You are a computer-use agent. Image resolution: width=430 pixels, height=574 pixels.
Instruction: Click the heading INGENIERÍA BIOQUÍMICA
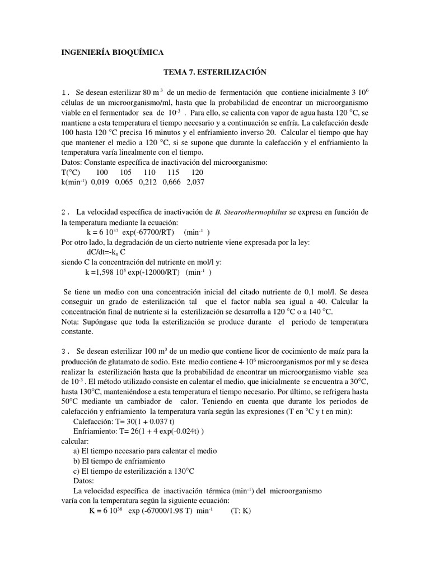click(112, 52)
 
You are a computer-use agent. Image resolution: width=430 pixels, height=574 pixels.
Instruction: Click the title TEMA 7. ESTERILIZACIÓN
click(214, 72)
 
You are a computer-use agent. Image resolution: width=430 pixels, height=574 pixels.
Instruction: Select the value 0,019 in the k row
click(100, 182)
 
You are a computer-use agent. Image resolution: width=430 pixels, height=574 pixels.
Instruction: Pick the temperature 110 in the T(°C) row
click(149, 173)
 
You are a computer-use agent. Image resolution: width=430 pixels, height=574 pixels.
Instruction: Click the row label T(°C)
click(72, 173)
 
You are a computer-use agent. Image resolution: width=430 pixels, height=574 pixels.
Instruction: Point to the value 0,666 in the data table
click(172, 182)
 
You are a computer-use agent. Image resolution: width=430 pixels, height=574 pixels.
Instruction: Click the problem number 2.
click(66, 212)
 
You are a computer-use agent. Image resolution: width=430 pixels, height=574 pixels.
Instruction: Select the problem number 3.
click(66, 351)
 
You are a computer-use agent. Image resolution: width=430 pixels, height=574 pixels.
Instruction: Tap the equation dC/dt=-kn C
click(109, 252)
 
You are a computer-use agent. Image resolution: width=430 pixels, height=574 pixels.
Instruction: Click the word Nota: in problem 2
click(71, 322)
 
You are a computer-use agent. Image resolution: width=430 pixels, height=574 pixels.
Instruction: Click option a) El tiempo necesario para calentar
click(145, 451)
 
